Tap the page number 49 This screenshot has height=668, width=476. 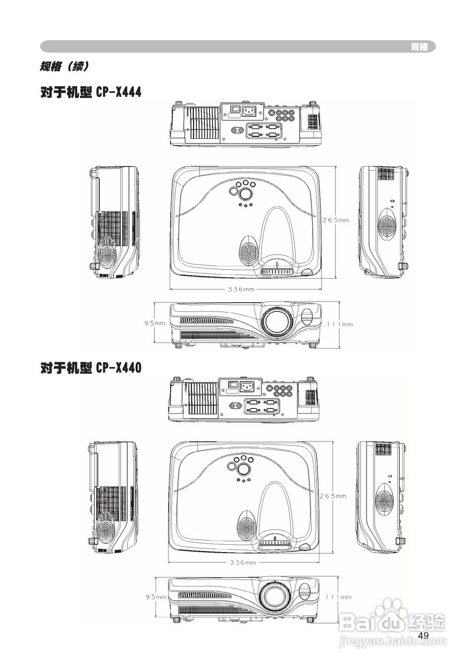point(423,635)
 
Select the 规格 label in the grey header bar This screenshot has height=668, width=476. point(419,47)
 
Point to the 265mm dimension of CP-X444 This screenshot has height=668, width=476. point(336,220)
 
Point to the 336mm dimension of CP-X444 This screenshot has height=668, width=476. point(241,289)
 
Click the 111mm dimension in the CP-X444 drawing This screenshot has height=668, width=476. point(340,324)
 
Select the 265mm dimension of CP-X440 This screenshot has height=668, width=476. point(334,496)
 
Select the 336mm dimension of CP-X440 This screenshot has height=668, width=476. point(243,563)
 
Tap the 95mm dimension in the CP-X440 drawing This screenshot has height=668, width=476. point(156,597)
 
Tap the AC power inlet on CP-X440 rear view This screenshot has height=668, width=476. point(246,387)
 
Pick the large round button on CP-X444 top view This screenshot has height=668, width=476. point(245,194)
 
